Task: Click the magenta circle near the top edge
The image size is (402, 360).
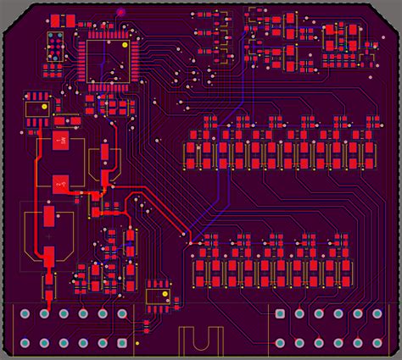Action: point(120,13)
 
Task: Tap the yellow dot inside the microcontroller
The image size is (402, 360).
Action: point(126,46)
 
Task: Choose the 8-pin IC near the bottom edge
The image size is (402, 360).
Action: point(157,293)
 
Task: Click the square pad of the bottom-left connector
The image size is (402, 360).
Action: point(25,314)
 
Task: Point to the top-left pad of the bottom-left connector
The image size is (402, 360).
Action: point(25,314)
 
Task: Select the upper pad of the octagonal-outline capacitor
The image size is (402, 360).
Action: point(48,216)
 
